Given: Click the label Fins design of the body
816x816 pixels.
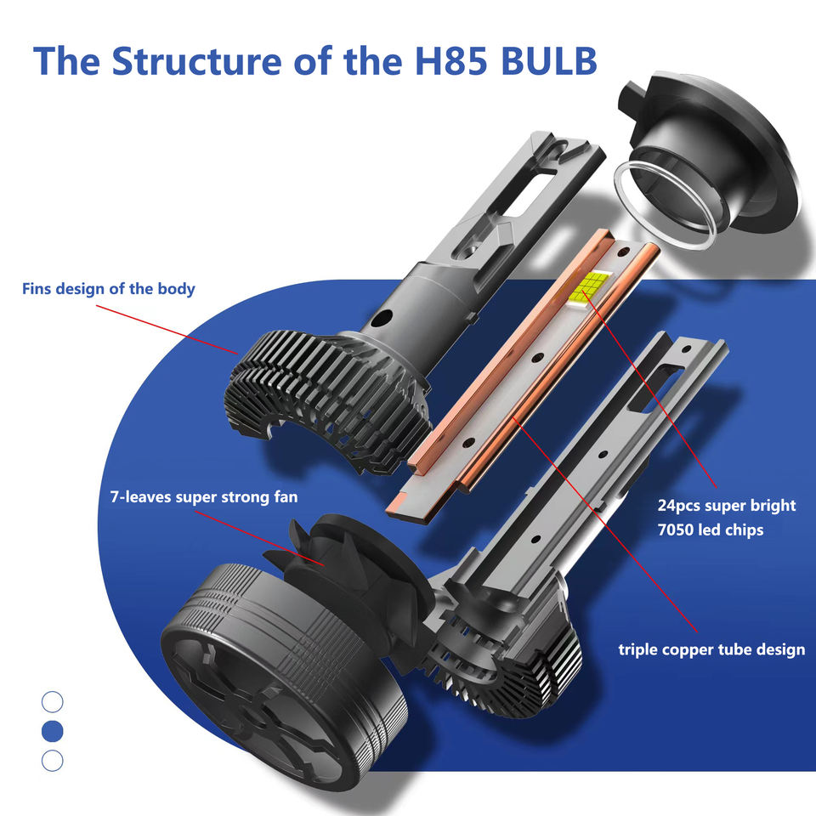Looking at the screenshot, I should (x=108, y=289).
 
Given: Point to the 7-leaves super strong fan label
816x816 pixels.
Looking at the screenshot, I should (x=204, y=496).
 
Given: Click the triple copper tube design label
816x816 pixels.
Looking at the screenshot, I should (x=711, y=650).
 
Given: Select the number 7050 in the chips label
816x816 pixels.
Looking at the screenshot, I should (x=681, y=530).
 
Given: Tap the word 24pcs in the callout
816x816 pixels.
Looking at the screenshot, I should (x=683, y=506).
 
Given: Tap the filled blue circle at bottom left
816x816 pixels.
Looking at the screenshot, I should (x=53, y=730).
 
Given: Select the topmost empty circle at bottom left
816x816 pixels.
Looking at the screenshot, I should (x=53, y=701).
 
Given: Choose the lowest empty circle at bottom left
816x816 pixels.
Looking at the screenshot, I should (x=53, y=760).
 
